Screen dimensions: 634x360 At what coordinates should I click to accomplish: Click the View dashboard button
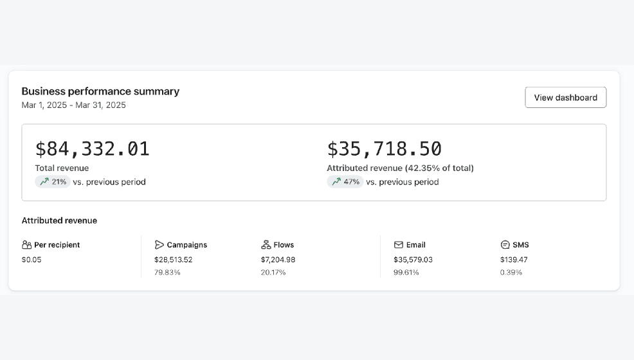566,97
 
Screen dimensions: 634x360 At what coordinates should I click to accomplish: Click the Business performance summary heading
100,91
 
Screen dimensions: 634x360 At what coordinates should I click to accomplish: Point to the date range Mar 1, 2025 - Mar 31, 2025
73,105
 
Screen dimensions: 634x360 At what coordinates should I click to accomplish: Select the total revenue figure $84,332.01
93,148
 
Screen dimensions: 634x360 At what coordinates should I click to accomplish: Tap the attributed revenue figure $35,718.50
384,148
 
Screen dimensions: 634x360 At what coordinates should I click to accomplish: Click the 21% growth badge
53,182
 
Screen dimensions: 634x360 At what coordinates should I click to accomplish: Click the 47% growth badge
345,182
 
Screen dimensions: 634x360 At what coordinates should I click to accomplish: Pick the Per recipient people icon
27,245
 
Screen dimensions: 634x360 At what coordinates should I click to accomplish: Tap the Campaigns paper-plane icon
159,245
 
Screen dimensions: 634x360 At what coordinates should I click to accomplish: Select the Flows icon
266,245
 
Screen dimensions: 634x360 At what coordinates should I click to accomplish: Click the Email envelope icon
399,245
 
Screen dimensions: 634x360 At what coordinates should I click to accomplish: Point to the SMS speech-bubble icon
505,245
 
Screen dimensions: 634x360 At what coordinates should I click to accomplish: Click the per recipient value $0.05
32,260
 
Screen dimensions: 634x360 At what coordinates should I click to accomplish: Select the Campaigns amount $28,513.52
174,260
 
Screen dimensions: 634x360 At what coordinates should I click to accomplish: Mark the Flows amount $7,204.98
278,260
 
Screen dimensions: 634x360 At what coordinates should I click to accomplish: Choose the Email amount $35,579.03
413,260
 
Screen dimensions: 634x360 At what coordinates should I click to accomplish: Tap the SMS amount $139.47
514,260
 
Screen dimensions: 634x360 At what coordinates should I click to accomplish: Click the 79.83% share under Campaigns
167,273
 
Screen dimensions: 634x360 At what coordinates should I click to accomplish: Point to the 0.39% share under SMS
511,273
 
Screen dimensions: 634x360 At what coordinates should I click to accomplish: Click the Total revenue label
62,168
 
